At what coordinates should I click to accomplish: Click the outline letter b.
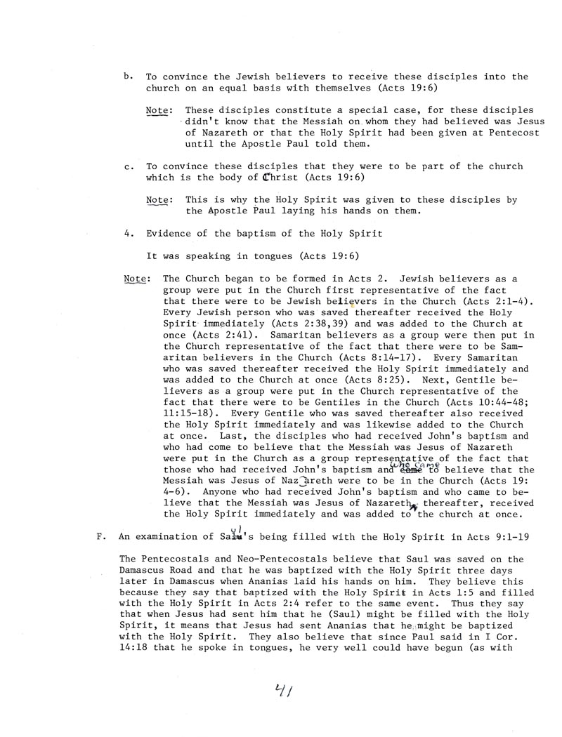(127, 77)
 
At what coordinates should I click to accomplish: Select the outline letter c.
(127, 166)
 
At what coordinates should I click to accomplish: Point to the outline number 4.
(127, 233)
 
